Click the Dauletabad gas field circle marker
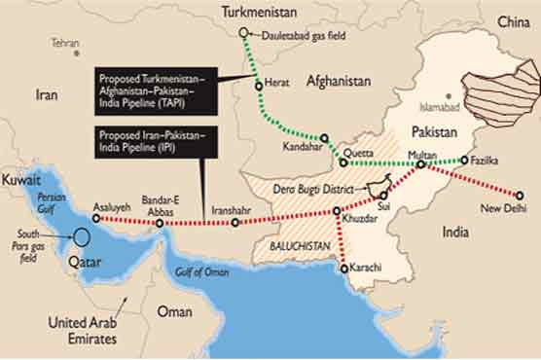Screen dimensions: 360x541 [x=244, y=32]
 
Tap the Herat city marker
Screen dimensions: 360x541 [x=259, y=86]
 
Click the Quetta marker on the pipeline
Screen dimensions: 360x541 [x=343, y=162]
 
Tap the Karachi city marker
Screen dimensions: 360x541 [x=343, y=268]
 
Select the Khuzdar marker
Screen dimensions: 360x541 [x=337, y=211]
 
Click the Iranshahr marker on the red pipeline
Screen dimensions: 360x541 [x=234, y=223]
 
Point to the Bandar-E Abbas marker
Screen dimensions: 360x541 [x=160, y=223]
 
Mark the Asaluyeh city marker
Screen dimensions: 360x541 [x=95, y=219]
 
